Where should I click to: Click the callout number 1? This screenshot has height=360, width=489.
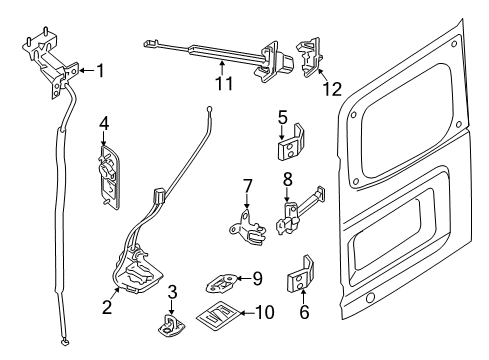point(98,70)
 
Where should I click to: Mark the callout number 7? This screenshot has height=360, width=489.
point(247,185)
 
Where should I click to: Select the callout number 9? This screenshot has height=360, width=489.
point(257,279)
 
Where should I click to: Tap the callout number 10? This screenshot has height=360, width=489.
point(265,313)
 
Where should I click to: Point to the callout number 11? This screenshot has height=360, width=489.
point(222,84)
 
